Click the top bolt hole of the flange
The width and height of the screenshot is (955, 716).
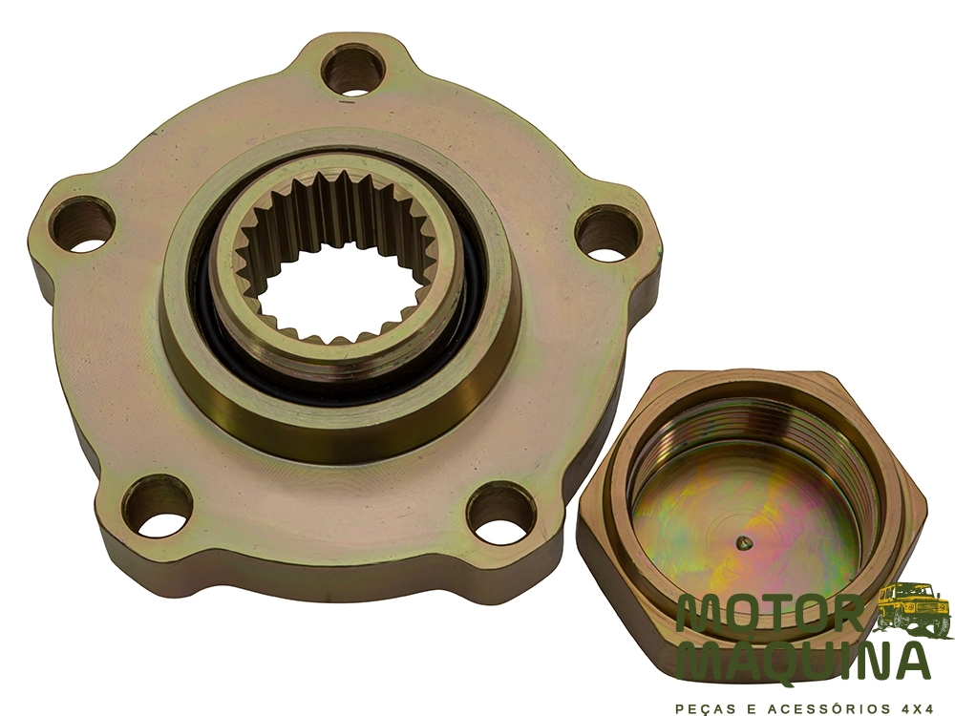pos(354,71)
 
